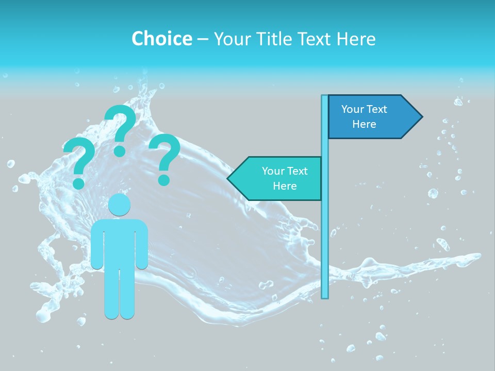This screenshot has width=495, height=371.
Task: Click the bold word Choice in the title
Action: pyautogui.click(x=161, y=39)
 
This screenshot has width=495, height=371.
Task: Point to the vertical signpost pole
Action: pyautogui.click(x=325, y=232)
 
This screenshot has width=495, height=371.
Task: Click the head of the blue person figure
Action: pyautogui.click(x=119, y=205)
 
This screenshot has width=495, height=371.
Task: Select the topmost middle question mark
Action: pyautogui.click(x=120, y=129)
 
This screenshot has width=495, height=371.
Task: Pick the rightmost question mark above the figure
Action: pyautogui.click(x=165, y=157)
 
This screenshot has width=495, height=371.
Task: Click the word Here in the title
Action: pyautogui.click(x=356, y=39)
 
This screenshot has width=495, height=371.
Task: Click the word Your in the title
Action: pyautogui.click(x=230, y=39)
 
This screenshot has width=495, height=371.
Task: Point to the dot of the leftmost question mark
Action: pyautogui.click(x=78, y=183)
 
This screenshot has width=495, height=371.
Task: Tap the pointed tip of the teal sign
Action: pyautogui.click(x=228, y=178)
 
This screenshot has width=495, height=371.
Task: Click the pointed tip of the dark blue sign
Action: pyautogui.click(x=421, y=117)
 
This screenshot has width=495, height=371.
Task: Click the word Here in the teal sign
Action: pyautogui.click(x=285, y=186)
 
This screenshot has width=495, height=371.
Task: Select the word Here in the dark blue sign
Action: pyautogui.click(x=364, y=124)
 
